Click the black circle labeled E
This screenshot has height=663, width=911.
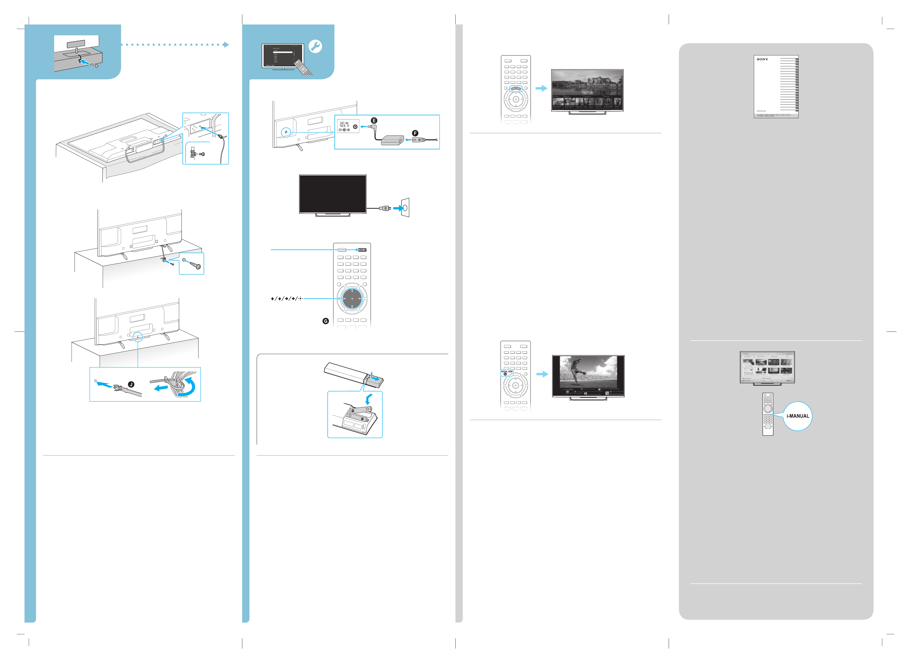pyautogui.click(x=374, y=120)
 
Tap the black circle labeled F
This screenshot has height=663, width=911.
pyautogui.click(x=415, y=133)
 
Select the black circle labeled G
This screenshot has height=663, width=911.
pyautogui.click(x=326, y=321)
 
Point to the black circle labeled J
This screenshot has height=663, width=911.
pyautogui.click(x=131, y=385)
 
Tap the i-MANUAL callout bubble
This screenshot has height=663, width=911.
pyautogui.click(x=798, y=416)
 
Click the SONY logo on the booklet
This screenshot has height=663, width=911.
pyautogui.click(x=762, y=59)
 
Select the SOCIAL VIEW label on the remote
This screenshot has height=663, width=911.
pyautogui.click(x=507, y=371)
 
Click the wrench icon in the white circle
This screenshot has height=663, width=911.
pyautogui.click(x=315, y=47)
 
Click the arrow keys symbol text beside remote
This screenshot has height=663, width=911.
pyautogui.click(x=286, y=298)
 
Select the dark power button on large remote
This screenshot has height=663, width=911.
pyautogui.click(x=362, y=250)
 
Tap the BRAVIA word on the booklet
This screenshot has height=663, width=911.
pyautogui.click(x=761, y=111)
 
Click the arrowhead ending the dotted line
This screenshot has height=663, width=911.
pyautogui.click(x=226, y=44)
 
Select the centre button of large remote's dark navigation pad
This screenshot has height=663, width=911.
pyautogui.click(x=352, y=298)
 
